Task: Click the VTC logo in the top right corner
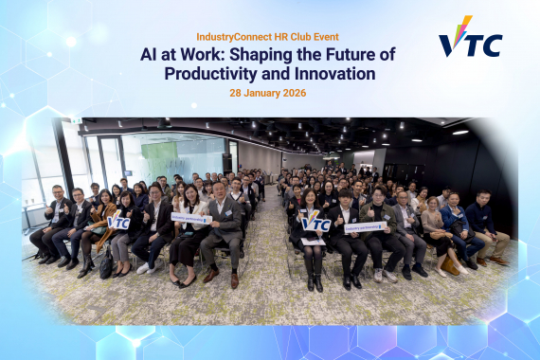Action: (x=470, y=38)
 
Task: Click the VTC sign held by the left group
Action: (x=118, y=223)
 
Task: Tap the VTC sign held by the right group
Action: (x=315, y=225)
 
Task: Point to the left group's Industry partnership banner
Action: (x=190, y=218)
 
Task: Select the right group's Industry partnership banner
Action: (x=363, y=227)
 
